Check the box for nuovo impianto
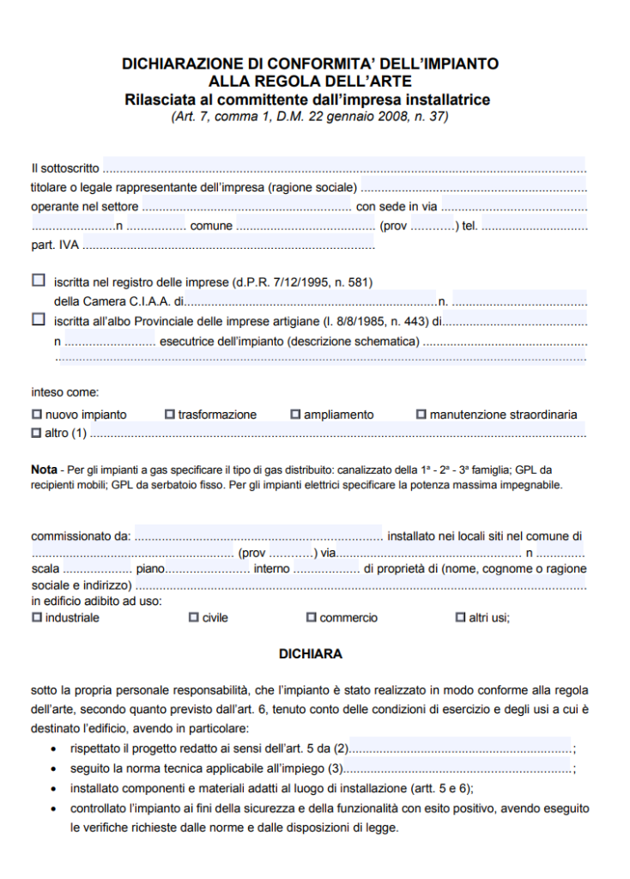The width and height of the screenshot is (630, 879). point(37,415)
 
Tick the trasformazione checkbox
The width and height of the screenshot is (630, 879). point(169,415)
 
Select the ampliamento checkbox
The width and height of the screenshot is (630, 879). point(295,415)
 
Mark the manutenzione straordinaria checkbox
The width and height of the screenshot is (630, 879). point(421,415)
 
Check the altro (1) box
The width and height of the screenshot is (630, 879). point(37,433)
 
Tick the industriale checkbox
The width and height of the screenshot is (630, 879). point(37,617)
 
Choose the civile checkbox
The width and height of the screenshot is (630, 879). point(194,617)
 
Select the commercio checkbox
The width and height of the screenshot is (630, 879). point(312,617)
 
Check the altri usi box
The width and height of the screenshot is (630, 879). point(460,617)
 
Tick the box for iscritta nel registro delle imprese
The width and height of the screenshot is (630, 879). point(38,280)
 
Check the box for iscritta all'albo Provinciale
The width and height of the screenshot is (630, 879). point(38,319)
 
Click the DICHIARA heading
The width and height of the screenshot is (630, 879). point(311,654)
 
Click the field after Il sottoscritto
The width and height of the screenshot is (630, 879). point(343,167)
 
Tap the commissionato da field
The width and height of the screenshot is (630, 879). point(258,536)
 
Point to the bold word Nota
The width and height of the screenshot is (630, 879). point(45,470)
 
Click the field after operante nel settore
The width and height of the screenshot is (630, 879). point(246,206)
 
